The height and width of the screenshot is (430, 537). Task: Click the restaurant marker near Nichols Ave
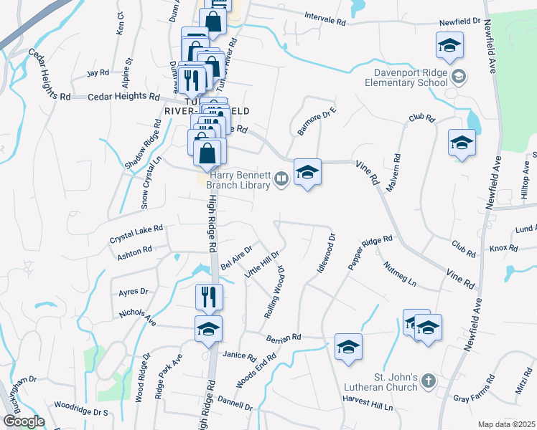(209, 297)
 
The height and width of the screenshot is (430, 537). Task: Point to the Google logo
(24, 421)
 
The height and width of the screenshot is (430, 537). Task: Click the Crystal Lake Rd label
(136, 233)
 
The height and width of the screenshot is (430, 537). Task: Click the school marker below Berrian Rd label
(349, 347)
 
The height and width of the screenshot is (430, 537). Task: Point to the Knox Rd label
(503, 249)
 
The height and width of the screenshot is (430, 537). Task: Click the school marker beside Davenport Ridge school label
(449, 46)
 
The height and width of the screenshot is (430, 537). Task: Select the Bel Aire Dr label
(238, 257)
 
